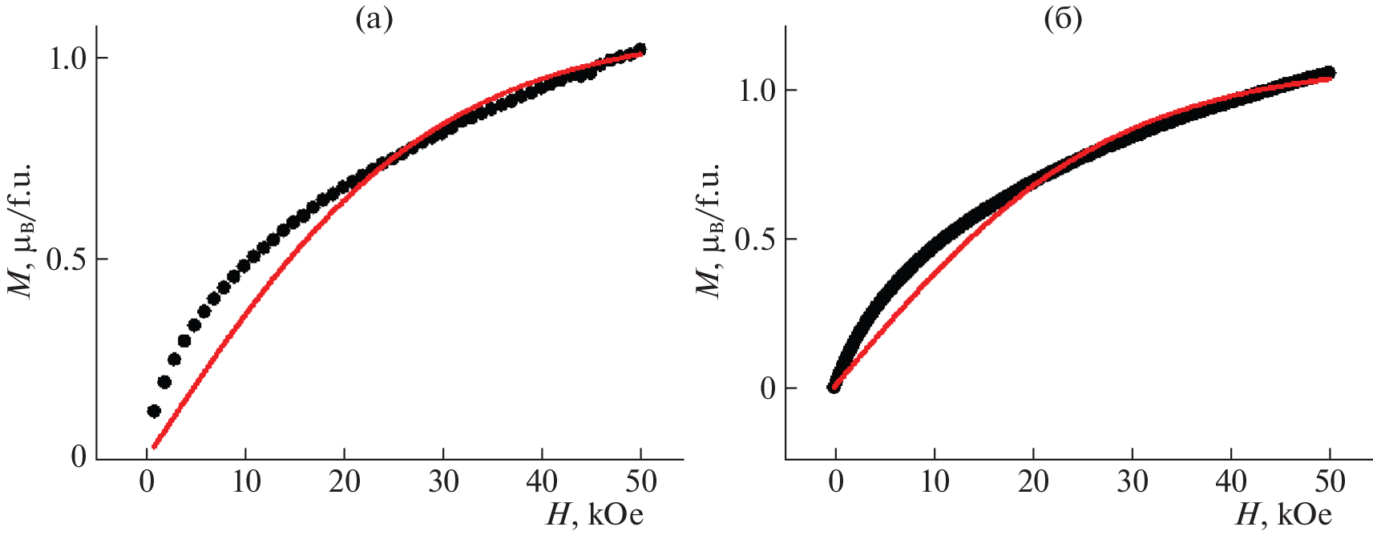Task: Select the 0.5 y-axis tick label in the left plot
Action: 67,259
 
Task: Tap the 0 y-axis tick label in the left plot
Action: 79,457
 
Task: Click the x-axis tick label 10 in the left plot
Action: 245,482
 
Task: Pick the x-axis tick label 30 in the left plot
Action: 443,482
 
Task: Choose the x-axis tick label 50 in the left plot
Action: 640,482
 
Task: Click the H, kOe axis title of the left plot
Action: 595,514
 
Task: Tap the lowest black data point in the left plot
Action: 154,411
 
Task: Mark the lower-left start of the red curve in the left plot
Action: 154,447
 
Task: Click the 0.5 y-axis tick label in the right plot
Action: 757,239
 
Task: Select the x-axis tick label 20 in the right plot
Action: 1033,482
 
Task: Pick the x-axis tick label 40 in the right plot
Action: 1231,482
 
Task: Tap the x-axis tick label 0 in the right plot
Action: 836,482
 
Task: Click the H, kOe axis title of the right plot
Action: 1283,514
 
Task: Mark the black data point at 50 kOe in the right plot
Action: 1329,73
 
